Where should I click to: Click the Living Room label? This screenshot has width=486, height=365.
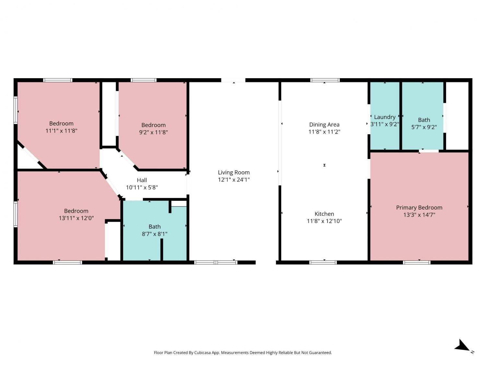coord(234,172)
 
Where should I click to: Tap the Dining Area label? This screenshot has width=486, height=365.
coord(324,125)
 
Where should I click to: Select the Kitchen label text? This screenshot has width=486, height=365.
coord(324,214)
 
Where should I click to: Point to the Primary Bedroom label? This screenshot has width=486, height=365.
coord(419,208)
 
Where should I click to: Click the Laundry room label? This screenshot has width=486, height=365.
coord(385,117)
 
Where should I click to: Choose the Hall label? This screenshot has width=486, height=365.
coord(142,180)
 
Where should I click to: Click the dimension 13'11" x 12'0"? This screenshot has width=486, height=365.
coord(76,218)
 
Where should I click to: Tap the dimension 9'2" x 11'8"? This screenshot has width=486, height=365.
coord(153,132)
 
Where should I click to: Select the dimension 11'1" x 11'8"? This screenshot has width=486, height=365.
coord(61,131)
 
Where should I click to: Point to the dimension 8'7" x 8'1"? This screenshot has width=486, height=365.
coord(155,234)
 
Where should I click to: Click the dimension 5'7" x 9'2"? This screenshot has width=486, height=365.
coord(424,127)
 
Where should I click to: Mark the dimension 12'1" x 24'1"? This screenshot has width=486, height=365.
coord(234,180)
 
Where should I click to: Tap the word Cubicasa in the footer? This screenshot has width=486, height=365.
coord(202,353)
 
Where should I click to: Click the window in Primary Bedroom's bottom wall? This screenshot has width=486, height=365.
coord(416,262)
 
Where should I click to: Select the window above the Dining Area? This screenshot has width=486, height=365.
coord(325,80)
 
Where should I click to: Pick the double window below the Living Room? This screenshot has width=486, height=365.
coord(216,262)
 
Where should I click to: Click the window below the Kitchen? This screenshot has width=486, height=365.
coord(323,262)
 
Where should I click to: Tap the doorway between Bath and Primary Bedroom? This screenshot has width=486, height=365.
coord(428,151)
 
